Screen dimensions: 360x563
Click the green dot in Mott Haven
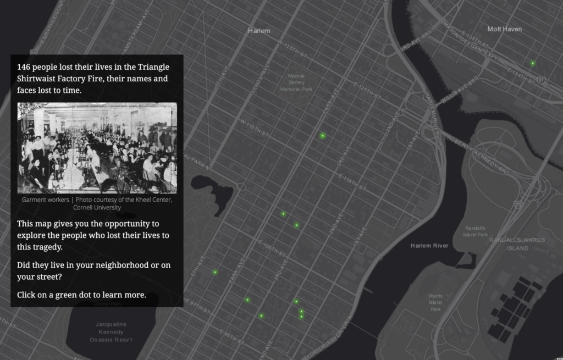[532, 64]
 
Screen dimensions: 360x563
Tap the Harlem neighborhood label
[259, 31]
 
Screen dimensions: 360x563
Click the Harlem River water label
[429, 245]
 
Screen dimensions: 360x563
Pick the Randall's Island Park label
[476, 231]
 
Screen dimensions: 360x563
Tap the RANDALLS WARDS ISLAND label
[517, 244]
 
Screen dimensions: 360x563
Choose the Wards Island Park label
[435, 302]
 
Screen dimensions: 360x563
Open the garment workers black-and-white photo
[97, 148]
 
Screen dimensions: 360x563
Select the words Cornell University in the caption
[97, 208]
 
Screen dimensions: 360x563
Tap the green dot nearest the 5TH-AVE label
[215, 272]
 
